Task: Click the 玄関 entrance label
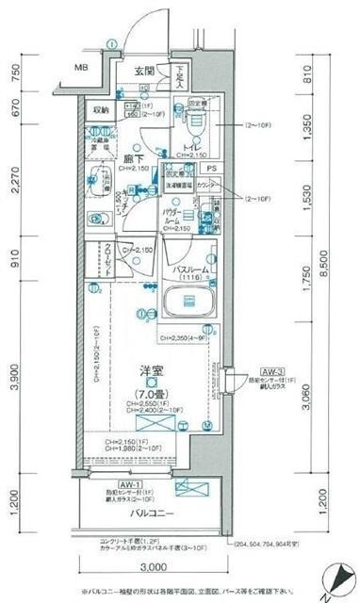pos(144,71)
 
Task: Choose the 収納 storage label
pos(101,110)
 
